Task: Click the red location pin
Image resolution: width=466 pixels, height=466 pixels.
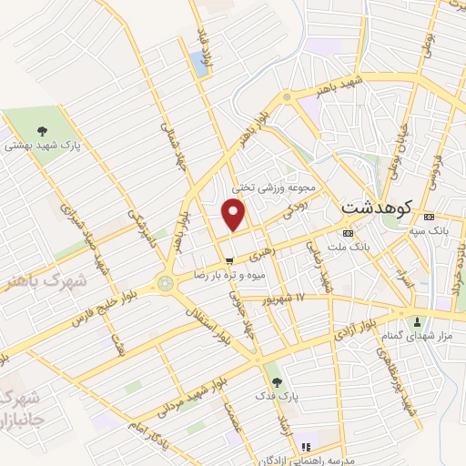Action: (x=234, y=215)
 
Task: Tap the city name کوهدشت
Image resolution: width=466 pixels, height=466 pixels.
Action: (x=376, y=208)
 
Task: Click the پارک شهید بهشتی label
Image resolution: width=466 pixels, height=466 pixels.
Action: (x=46, y=144)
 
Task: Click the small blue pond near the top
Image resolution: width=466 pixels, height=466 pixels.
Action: (x=198, y=64)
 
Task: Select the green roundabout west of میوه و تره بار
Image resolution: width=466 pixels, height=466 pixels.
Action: (x=165, y=283)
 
